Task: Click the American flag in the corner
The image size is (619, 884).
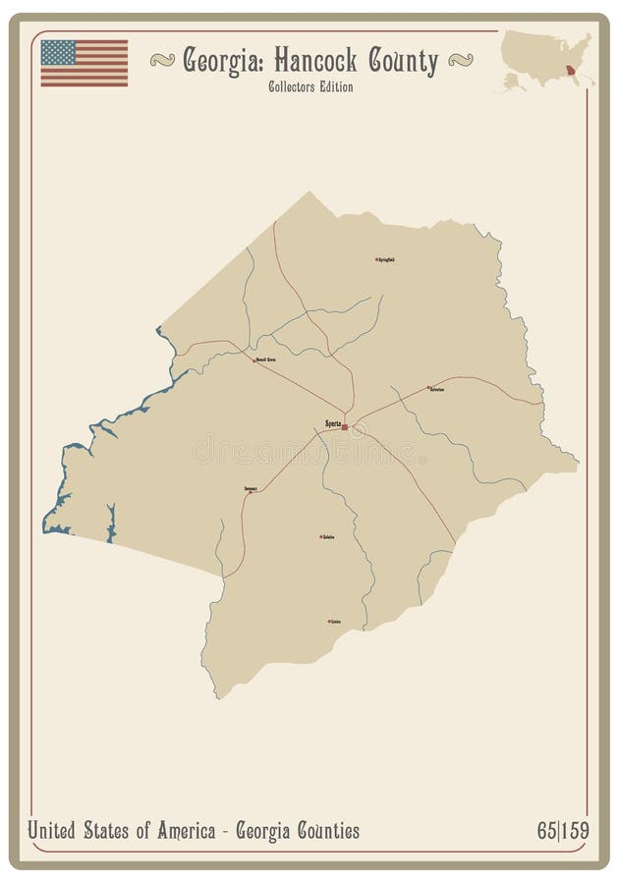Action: pos(84,63)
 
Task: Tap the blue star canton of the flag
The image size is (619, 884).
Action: pos(58,52)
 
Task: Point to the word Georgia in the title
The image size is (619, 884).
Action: pos(221,61)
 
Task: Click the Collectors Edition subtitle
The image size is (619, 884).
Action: pos(309,86)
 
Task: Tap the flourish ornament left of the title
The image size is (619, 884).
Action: pos(162,61)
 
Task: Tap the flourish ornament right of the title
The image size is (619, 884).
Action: pos(460,61)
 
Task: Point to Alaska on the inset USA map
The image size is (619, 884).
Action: pos(513,81)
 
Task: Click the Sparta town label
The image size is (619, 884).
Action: pos(332,424)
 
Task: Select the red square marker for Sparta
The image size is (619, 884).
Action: pos(345,427)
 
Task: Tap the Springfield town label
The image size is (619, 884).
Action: pos(386,259)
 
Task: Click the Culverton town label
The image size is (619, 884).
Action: pos(437,389)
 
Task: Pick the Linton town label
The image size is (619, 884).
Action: pos(336,622)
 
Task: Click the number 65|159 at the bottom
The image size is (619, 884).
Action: pos(562,831)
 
